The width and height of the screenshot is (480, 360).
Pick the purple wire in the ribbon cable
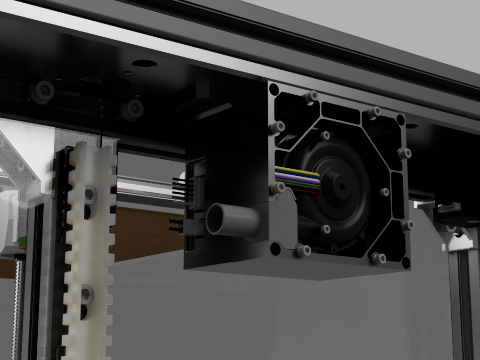point(297,178)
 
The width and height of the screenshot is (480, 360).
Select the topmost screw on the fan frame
point(310,97)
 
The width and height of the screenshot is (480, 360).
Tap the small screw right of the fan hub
point(384,192)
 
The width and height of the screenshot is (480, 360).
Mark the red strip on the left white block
point(22,245)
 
